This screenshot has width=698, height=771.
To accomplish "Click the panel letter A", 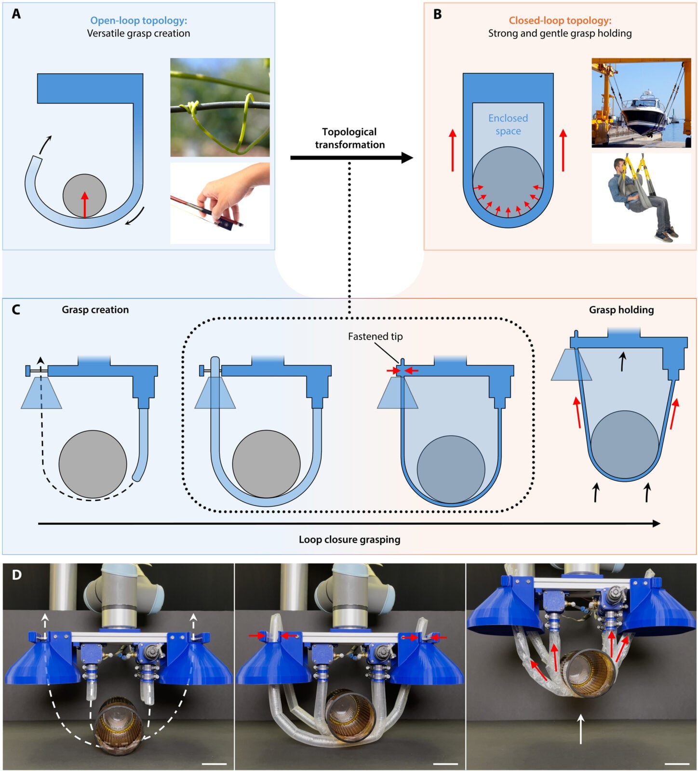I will (x=16, y=14).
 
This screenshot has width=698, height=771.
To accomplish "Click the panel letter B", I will (x=437, y=14).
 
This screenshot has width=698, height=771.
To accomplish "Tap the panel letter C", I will (x=16, y=309).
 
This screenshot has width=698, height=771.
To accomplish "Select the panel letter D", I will (x=16, y=575).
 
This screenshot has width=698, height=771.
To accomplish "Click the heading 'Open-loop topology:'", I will (x=139, y=21).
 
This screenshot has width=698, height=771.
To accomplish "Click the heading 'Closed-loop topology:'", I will (x=560, y=21).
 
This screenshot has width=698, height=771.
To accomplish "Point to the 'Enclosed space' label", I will (x=508, y=124).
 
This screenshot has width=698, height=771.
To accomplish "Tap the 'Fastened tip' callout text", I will (x=375, y=336).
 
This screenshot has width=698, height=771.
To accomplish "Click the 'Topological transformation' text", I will (x=349, y=138).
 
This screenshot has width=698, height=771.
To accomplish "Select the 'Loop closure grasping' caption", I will (x=349, y=539).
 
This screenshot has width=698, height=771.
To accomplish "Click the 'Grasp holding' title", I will (x=621, y=310).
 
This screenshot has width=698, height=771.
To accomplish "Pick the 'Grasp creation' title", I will (x=95, y=310).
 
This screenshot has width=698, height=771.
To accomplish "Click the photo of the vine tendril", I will (x=220, y=107).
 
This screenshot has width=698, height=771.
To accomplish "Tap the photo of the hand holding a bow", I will (x=220, y=202).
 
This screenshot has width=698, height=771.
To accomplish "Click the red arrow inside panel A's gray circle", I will (x=85, y=204).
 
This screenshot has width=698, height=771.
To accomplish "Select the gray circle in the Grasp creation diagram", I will (x=93, y=464).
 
